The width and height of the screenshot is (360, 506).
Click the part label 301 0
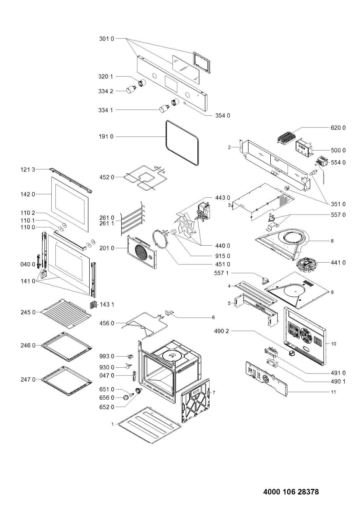click(107, 39)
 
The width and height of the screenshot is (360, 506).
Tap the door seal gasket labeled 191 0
click(183, 143)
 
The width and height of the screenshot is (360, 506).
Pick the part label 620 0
click(338, 128)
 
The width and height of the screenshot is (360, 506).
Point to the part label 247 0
click(28, 379)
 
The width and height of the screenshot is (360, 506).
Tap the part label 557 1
click(222, 273)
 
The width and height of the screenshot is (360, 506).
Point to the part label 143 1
click(107, 305)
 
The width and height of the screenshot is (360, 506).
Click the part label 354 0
click(223, 115)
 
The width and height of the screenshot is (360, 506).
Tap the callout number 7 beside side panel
click(214, 393)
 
